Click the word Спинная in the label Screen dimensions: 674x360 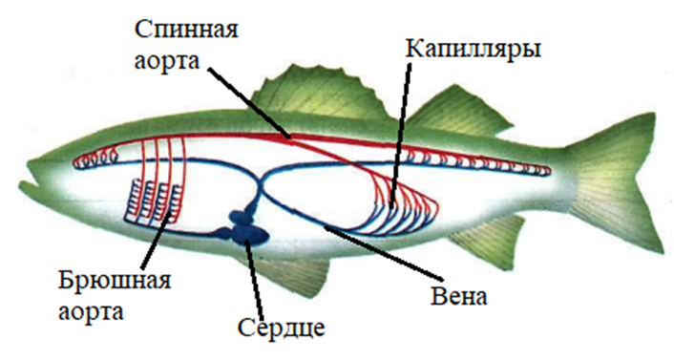[x=186, y=31]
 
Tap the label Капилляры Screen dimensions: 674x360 [x=474, y=49]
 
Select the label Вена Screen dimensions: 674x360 [x=459, y=295]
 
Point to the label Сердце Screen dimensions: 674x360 [x=282, y=328]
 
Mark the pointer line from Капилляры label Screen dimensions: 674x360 [x=401, y=136]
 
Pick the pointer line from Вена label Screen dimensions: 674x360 [x=384, y=251]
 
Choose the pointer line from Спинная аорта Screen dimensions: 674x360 [x=249, y=103]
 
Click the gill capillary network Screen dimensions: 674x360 [x=155, y=201]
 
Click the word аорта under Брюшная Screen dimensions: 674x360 [x=91, y=312]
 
